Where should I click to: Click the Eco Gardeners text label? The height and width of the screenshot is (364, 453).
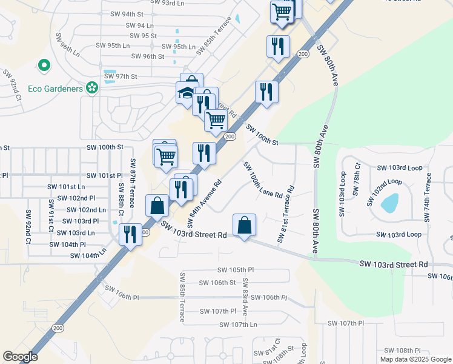(55, 89)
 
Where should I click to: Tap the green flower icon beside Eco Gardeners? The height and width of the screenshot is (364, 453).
(92, 89)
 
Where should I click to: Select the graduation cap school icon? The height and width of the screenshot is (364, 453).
(185, 93)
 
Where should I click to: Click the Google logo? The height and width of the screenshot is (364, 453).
(20, 357)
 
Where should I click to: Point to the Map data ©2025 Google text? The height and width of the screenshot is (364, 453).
(415, 359)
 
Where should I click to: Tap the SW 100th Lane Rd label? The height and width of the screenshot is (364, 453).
(263, 180)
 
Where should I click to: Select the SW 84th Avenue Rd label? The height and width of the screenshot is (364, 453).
(200, 200)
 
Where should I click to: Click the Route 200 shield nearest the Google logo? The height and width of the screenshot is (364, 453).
(58, 328)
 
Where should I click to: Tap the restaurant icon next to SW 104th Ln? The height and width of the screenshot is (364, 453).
(130, 234)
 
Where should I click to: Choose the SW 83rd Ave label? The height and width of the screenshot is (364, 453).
(245, 297)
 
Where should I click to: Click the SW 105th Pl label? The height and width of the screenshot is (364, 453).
(236, 269)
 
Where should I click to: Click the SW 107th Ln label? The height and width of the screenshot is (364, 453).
(236, 325)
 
